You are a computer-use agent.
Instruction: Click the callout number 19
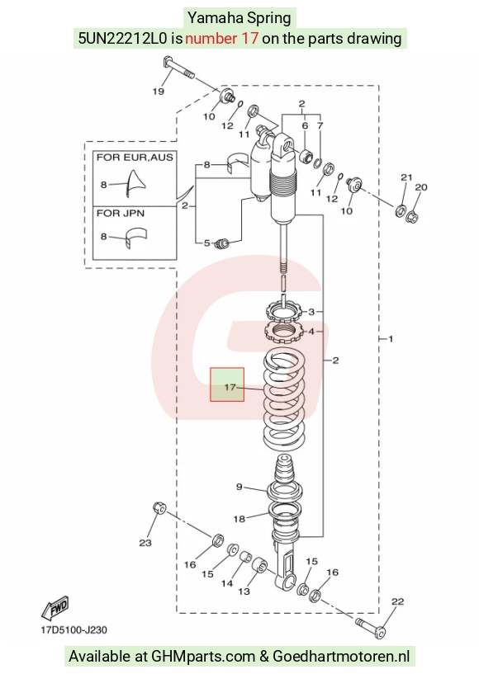[159, 91]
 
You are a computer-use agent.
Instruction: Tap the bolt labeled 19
[178, 68]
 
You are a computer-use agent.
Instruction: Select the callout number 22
[397, 601]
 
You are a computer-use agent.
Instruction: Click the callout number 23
[145, 543]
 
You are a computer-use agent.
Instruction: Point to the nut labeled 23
[159, 507]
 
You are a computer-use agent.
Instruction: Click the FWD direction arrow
[55, 607]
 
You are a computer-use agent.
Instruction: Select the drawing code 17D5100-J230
[74, 630]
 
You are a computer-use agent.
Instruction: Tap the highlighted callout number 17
[230, 387]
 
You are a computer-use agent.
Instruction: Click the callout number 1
[391, 339]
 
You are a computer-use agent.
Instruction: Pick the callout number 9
[239, 487]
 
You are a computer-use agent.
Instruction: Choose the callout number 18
[239, 519]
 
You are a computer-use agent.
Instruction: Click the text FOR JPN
[121, 213]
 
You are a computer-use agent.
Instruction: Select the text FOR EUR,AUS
[135, 158]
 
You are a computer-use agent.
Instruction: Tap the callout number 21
[406, 177]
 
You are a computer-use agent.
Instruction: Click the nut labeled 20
[412, 214]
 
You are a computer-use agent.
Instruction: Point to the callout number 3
[311, 312]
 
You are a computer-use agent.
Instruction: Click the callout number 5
[207, 243]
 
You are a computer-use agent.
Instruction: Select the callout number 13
[244, 592]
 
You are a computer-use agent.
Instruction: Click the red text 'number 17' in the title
[221, 38]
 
